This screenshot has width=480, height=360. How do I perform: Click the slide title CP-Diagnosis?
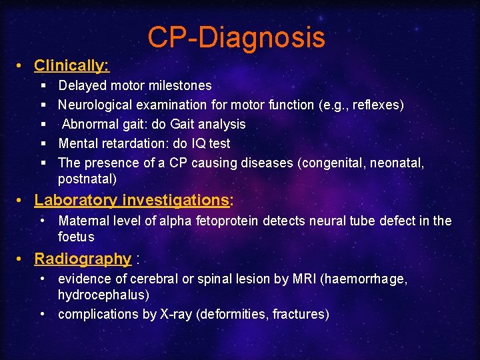pos(236,37)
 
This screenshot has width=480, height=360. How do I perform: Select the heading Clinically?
pos(71,65)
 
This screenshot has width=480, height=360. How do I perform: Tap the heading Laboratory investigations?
pos(131,200)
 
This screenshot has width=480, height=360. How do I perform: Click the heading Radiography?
pos(83,259)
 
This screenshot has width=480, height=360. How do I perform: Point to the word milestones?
pos(178,85)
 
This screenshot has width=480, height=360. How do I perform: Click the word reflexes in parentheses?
pos(375,105)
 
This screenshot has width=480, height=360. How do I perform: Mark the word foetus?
pos(76,237)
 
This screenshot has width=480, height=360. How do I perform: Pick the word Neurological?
pos(95,105)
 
